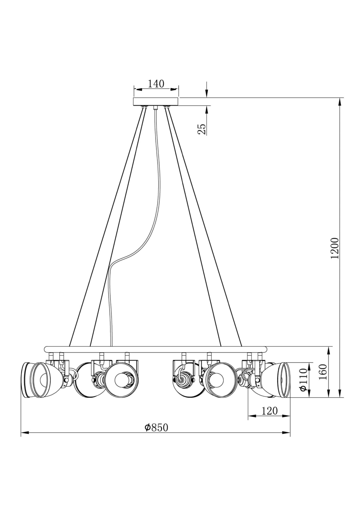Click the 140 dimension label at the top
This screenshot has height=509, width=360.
(156, 84)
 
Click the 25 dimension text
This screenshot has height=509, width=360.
(202, 129)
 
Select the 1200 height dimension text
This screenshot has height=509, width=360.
(335, 248)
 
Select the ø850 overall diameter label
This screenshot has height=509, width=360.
(156, 428)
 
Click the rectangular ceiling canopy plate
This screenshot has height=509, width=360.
(156, 102)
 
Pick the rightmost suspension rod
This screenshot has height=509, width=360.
(204, 227)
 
